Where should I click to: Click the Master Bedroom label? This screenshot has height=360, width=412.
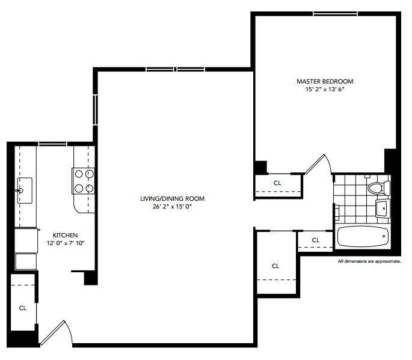pyautogui.click(x=325, y=81)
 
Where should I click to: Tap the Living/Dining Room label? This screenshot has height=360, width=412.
pyautogui.click(x=173, y=198)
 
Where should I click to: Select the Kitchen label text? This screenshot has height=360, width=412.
pyautogui.click(x=65, y=234)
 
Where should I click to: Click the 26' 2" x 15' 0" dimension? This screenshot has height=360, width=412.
pyautogui.click(x=173, y=207)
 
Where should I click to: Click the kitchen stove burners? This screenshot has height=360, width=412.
pyautogui.click(x=84, y=180)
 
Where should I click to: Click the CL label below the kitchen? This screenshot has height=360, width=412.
pyautogui.click(x=23, y=308)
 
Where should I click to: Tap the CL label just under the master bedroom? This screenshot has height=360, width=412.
pyautogui.click(x=277, y=182)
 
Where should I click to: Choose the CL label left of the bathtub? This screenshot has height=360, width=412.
pyautogui.click(x=316, y=240)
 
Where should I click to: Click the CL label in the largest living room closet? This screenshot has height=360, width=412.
pyautogui.click(x=275, y=266)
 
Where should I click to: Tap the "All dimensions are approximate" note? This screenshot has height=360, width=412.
pyautogui.click(x=369, y=261)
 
